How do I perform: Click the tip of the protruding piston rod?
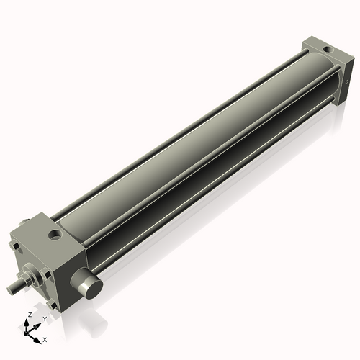click(x=10, y=289)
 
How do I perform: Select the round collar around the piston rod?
click(x=30, y=276)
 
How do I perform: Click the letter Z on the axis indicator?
click(x=29, y=315)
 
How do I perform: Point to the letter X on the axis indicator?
click(x=45, y=338)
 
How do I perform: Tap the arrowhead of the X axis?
click(x=38, y=337)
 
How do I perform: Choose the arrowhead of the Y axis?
click(x=37, y=324)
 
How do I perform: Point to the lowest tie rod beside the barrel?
click(x=216, y=194)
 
